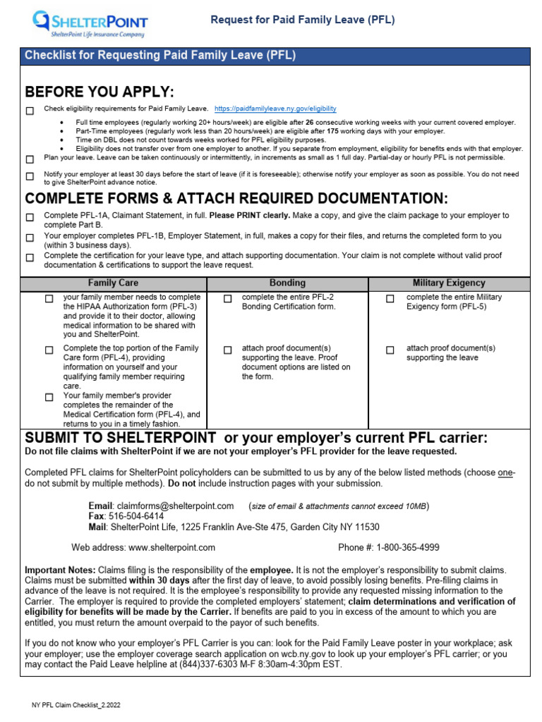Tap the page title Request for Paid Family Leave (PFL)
click(x=303, y=20)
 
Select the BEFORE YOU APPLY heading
click(x=99, y=92)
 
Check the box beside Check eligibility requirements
click(x=30, y=111)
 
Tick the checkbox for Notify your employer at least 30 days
click(x=30, y=176)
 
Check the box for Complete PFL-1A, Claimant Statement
click(x=30, y=217)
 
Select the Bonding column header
click(x=287, y=283)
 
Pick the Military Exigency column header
click(x=449, y=283)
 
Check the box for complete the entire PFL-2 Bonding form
click(x=228, y=299)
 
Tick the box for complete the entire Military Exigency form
click(x=390, y=299)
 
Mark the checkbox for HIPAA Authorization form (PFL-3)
click(x=49, y=299)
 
